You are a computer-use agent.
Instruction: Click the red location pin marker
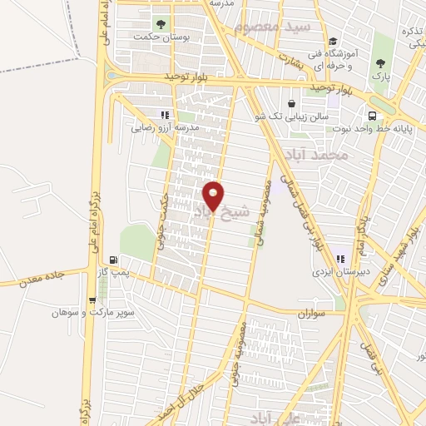pos(214,196)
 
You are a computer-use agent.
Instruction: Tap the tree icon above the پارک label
pos(382,63)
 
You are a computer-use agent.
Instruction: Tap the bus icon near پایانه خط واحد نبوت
pos(372,116)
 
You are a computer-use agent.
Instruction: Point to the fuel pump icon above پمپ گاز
pos(113,259)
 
